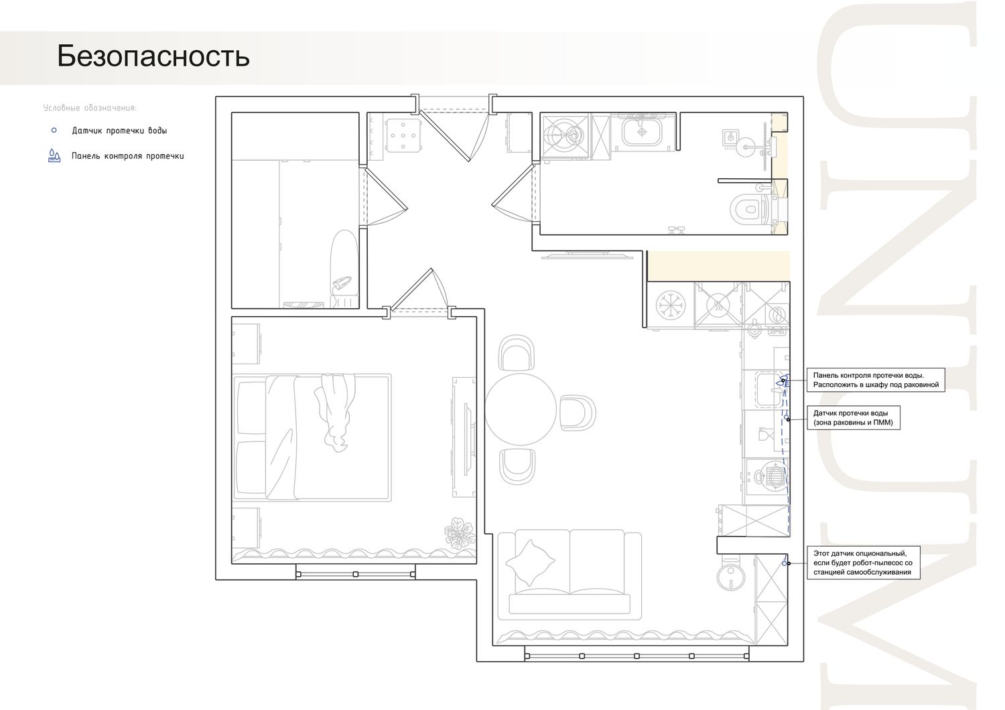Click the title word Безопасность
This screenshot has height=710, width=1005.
pyautogui.click(x=153, y=56)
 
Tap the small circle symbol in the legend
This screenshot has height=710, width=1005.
pyautogui.click(x=54, y=131)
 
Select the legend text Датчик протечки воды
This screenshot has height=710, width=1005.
pyautogui.click(x=119, y=131)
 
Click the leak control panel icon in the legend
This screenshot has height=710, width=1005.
pyautogui.click(x=54, y=155)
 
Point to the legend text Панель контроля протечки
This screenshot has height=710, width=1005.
pyautogui.click(x=128, y=156)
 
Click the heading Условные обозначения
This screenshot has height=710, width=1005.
pyautogui.click(x=90, y=108)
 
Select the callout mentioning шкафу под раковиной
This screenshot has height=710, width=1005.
pyautogui.click(x=876, y=380)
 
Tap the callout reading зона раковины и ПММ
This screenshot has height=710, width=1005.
pyautogui.click(x=854, y=417)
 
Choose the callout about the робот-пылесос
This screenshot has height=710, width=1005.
pyautogui.click(x=863, y=563)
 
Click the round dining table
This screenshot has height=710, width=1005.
pyautogui.click(x=521, y=409)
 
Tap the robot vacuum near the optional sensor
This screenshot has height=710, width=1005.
pyautogui.click(x=731, y=576)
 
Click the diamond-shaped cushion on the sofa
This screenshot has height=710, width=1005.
pyautogui.click(x=530, y=563)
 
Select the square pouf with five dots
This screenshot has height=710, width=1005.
pyautogui.click(x=403, y=135)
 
